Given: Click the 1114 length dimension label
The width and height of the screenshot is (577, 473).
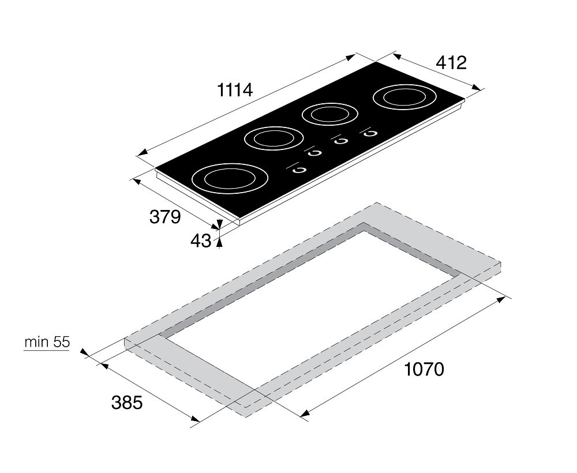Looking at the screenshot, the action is [235, 89].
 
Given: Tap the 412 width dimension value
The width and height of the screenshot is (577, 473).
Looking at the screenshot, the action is [451, 62].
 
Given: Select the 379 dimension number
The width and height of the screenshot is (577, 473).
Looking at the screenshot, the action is [165, 217].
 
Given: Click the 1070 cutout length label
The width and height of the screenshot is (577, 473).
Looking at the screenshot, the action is [424, 369].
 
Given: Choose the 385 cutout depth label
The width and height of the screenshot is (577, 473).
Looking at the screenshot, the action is [127, 403].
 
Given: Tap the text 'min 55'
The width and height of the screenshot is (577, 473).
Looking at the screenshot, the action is [47, 342].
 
